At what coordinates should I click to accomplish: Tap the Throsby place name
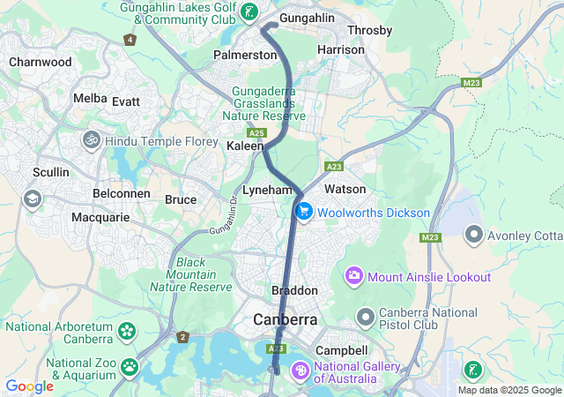(x=369, y=30)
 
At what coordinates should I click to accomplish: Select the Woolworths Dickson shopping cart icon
(x=304, y=212)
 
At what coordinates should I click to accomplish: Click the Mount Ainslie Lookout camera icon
(x=354, y=276)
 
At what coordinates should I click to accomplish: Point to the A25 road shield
(x=256, y=132)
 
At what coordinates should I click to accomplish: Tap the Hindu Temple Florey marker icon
(x=91, y=139)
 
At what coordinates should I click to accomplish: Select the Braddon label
(x=294, y=290)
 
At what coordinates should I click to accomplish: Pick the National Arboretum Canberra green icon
(x=128, y=332)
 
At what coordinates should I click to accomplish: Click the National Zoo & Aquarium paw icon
(x=130, y=365)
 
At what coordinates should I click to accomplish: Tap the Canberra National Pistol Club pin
(x=366, y=315)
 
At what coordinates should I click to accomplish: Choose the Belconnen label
(x=119, y=191)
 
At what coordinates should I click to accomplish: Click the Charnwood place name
(x=40, y=63)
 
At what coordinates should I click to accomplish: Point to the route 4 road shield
(x=130, y=40)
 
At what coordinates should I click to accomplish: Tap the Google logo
(x=29, y=386)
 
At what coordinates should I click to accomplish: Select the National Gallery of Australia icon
(x=301, y=370)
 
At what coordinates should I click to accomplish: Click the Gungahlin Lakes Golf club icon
(x=250, y=12)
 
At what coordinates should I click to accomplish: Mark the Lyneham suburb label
(x=267, y=190)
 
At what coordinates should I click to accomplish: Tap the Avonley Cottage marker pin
(x=474, y=235)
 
